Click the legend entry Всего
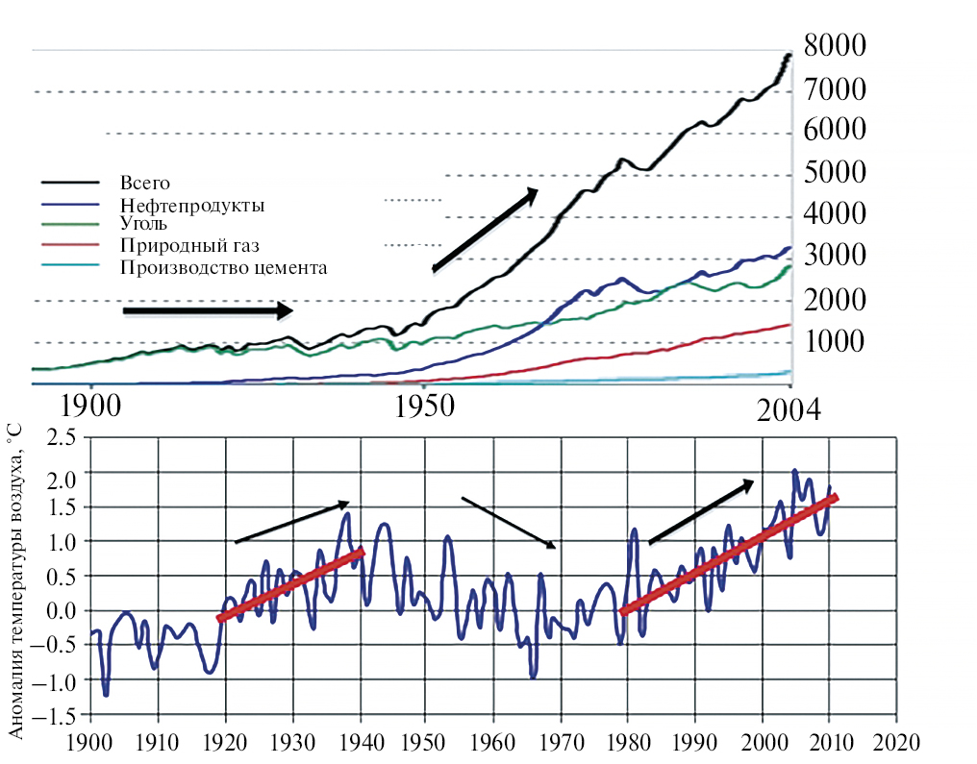[x=144, y=182]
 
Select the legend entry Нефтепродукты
[x=192, y=205]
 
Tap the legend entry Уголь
[x=143, y=223]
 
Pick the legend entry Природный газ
[x=189, y=245]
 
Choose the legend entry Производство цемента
[x=223, y=267]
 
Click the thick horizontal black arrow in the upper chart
[x=208, y=310]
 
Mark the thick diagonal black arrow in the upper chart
[x=485, y=231]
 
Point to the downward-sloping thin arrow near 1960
[x=509, y=523]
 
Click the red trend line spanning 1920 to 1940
[x=291, y=584]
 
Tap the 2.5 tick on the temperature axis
[x=62, y=438]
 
